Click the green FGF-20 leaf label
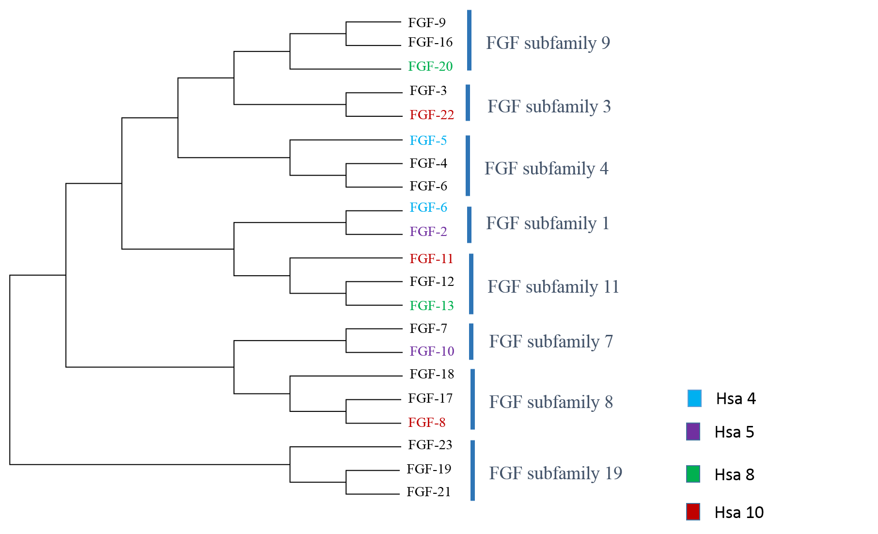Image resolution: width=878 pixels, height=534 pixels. tap(430, 66)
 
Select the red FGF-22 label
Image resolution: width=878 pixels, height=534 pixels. tap(432, 114)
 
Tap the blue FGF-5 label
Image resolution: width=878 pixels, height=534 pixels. tap(428, 140)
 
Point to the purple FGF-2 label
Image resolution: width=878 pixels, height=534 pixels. tap(428, 231)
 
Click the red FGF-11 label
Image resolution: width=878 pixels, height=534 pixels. tap(431, 258)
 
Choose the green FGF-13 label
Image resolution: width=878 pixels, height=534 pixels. tap(432, 305)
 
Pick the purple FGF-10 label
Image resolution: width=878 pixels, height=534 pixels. tap(432, 351)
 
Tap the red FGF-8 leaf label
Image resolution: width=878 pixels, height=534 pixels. tap(426, 422)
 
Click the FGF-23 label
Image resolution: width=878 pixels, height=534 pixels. tap(430, 444)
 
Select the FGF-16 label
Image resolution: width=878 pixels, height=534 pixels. tap(430, 42)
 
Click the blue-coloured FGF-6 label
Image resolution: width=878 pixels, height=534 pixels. tap(428, 207)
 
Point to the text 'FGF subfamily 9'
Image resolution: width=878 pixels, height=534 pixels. tap(548, 43)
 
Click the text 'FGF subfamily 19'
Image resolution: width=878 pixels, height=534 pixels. tap(556, 473)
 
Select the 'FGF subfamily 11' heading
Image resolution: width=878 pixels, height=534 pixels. tap(553, 287)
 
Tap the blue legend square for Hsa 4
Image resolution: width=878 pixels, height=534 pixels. tap(694, 398)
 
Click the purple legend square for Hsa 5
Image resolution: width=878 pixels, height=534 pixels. tap(693, 431)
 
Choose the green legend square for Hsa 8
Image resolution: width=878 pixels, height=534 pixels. tap(693, 474)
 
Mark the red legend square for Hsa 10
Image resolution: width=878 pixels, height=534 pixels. tap(693, 512)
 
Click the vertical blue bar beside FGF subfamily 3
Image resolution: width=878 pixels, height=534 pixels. tap(468, 103)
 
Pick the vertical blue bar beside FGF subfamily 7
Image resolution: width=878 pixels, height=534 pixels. tap(471, 342)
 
